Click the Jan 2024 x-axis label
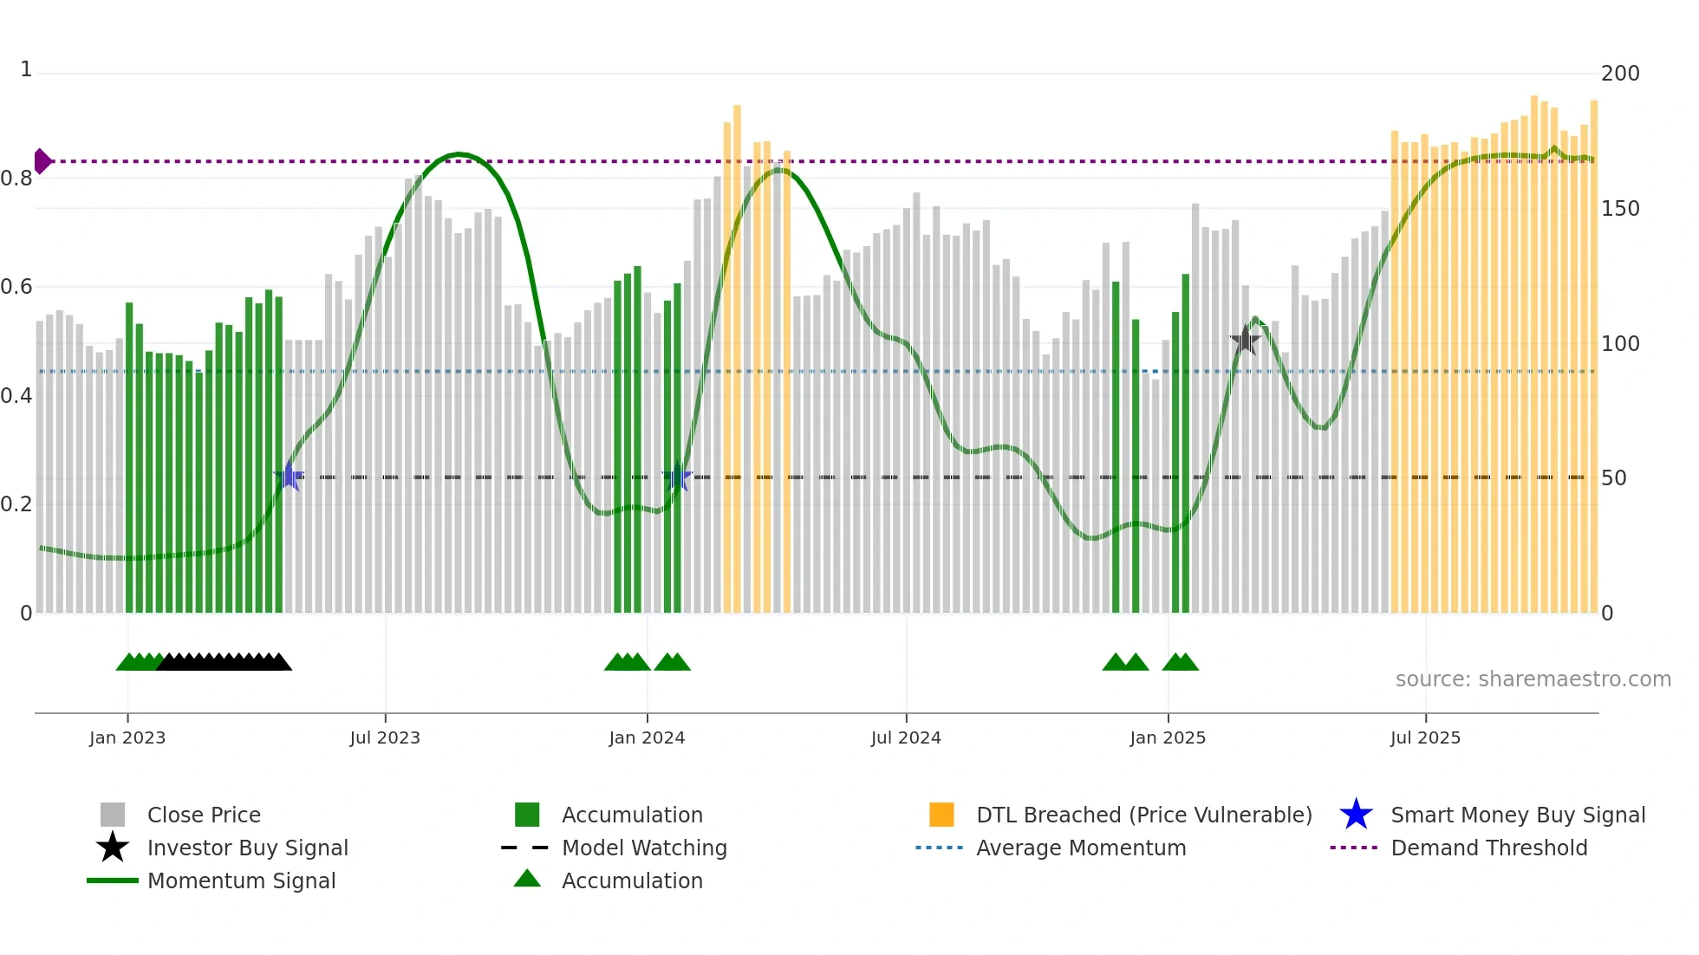[647, 737]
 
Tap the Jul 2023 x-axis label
[385, 737]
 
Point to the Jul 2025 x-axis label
[1425, 737]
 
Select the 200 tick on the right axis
[1619, 74]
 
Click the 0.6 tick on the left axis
[16, 287]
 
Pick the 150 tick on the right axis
[1619, 209]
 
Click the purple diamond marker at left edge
[42, 161]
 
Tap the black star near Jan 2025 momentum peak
[1245, 341]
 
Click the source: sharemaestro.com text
[1533, 679]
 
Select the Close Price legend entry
[204, 815]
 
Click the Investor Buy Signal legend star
[113, 848]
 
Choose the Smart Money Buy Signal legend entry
[1517, 815]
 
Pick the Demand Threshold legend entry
[1488, 848]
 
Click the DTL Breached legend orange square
[941, 815]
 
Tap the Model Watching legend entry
[643, 848]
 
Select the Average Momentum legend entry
[1080, 848]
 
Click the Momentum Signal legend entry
[241, 880]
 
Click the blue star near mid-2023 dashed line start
[289, 477]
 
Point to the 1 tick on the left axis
[26, 69]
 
